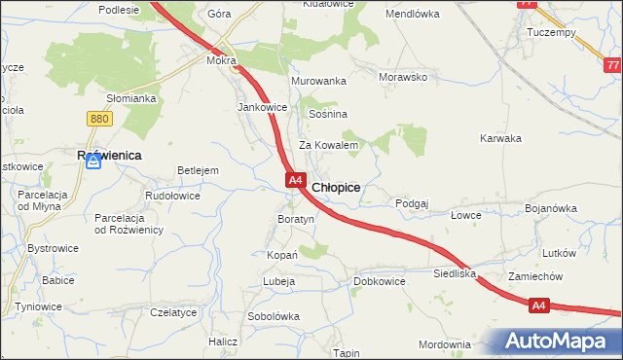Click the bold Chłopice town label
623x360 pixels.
[336, 187]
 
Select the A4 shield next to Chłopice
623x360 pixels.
[297, 181]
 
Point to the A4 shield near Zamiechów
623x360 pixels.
[540, 306]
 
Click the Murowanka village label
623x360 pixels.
[318, 81]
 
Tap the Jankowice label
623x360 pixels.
[262, 107]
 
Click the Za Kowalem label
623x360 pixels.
[329, 145]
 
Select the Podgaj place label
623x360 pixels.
[412, 203]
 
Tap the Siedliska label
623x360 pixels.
[455, 274]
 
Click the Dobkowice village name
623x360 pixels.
[380, 281]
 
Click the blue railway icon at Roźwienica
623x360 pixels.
[93, 162]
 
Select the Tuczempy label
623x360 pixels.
[552, 32]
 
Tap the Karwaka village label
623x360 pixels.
[501, 138]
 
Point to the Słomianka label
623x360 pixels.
[131, 98]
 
